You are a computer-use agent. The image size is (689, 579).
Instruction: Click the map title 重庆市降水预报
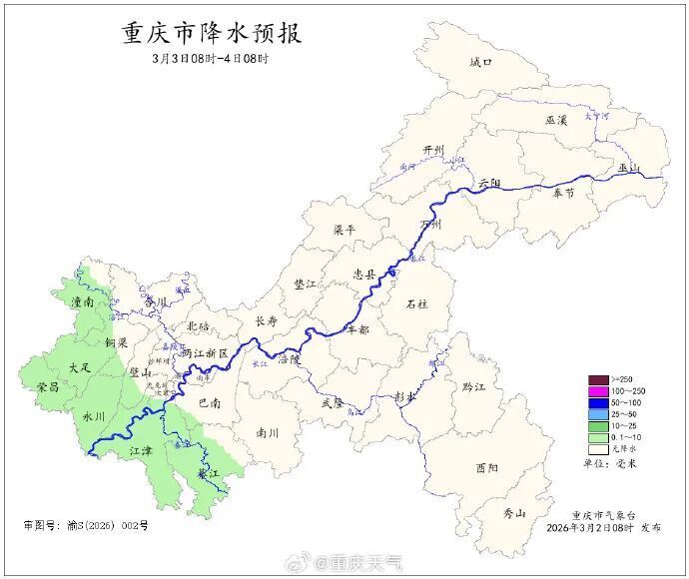pos(211,33)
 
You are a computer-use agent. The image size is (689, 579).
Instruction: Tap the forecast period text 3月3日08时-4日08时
pos(211,59)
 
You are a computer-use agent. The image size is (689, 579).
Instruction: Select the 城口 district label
pos(480,62)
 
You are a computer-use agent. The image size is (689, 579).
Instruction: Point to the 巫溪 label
pos(556,120)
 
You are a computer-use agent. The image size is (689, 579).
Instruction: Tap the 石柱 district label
pos(417,303)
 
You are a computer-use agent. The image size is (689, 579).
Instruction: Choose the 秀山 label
pos(514,513)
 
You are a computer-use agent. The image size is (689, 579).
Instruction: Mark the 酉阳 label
pos(486,467)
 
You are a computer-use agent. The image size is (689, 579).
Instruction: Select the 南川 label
pos(268,433)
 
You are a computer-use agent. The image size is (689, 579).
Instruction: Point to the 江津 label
pos(143,451)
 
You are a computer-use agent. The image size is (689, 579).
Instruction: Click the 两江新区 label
pos(205,354)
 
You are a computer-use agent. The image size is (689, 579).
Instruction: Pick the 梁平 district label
pos(344,230)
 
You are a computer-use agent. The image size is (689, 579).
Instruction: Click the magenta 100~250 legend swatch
pos(597,390)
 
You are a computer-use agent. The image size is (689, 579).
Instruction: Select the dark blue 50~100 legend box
pos(597,401)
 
